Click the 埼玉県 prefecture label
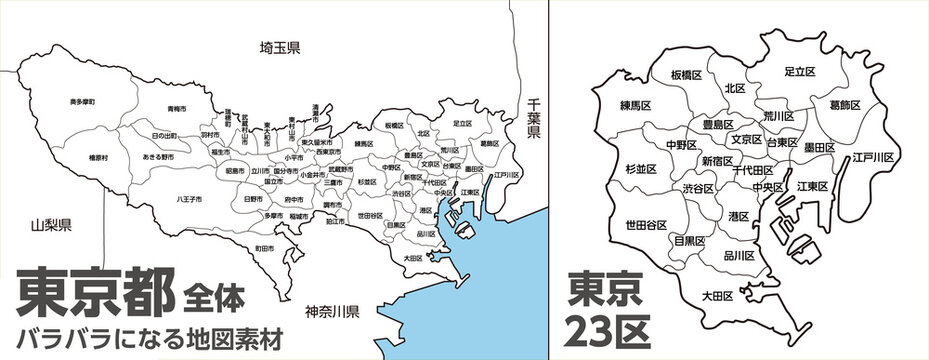(280, 48)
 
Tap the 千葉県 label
(534, 118)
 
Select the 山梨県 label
(50, 226)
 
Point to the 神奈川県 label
(330, 312)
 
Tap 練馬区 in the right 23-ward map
(636, 104)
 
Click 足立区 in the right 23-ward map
(799, 72)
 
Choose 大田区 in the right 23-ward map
(717, 296)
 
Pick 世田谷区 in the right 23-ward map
(647, 224)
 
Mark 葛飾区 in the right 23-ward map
(849, 103)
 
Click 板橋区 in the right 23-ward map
(687, 75)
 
